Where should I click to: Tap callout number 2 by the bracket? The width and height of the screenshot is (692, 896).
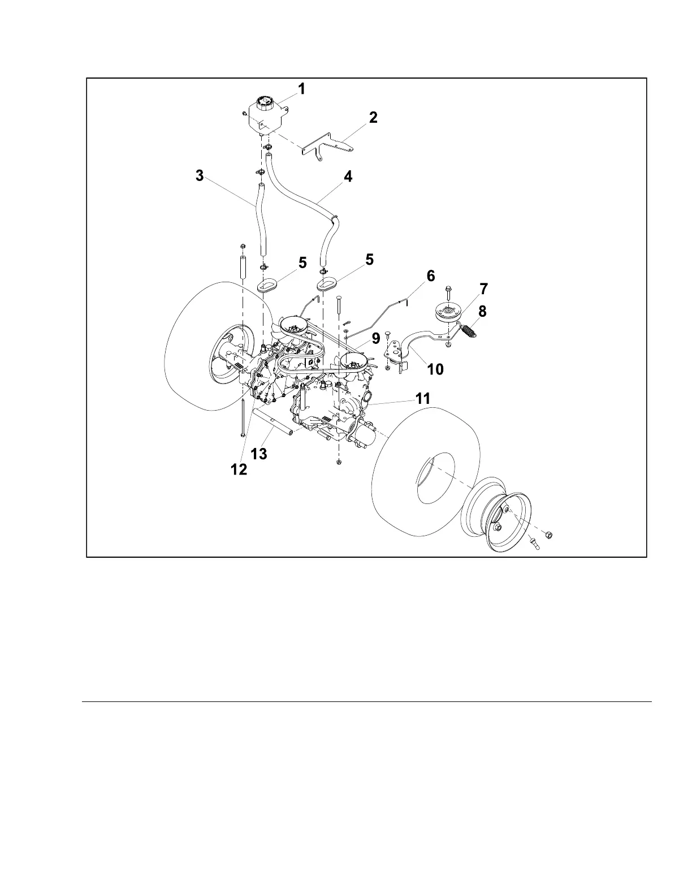click(x=373, y=118)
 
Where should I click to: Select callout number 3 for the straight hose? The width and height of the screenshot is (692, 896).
click(x=200, y=176)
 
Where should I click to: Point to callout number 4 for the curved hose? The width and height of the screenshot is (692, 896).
click(x=348, y=176)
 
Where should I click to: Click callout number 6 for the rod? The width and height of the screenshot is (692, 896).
click(x=431, y=276)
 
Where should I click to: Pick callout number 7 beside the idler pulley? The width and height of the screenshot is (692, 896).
click(x=483, y=289)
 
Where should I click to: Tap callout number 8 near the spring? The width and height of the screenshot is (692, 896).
click(x=482, y=311)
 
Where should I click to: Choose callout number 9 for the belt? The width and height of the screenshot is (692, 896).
click(x=375, y=338)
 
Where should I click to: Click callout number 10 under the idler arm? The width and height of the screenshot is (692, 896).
click(x=435, y=369)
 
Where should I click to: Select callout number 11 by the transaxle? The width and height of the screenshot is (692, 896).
click(x=423, y=399)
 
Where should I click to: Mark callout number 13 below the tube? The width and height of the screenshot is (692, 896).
click(x=259, y=454)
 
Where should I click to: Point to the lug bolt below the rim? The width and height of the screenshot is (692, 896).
click(x=534, y=545)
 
